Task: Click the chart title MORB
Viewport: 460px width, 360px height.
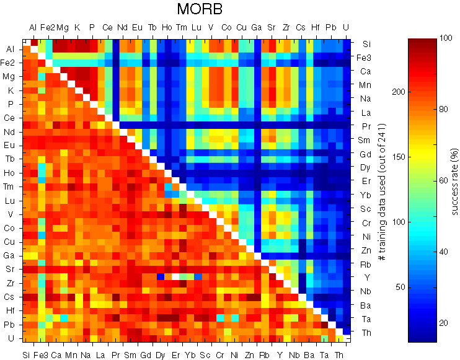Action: pos(199,9)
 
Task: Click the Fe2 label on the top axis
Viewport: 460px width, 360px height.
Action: pos(48,27)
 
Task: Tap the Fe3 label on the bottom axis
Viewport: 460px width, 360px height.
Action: pos(42,355)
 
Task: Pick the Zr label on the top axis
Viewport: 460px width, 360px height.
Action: pos(286,27)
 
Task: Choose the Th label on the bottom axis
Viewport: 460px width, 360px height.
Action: pos(338,355)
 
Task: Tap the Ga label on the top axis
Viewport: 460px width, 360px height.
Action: pos(256,27)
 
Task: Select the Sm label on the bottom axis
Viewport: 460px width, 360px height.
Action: pos(131,355)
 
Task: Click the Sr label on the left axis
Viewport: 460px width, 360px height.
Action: pos(11,269)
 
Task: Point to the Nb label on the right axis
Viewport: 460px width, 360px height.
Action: pos(367,291)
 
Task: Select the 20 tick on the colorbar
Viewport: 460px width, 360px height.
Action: pos(442,323)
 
